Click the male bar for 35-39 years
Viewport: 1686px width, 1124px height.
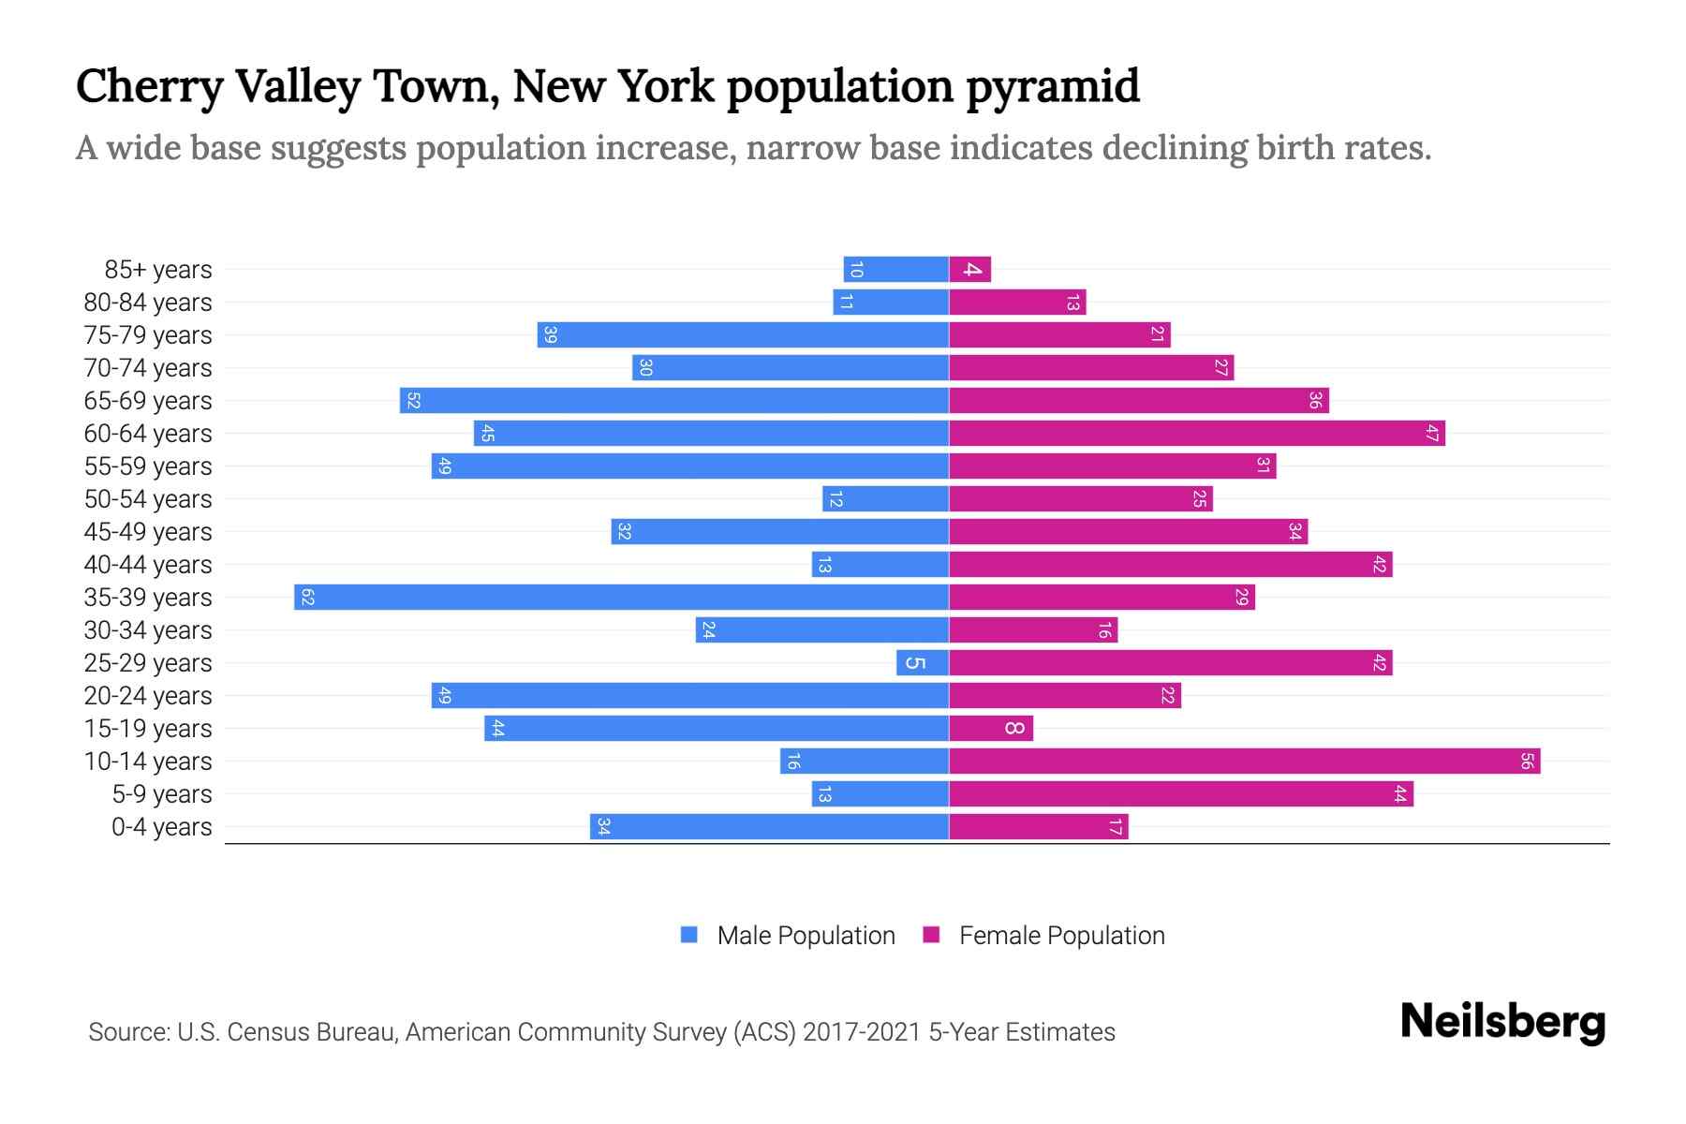point(621,598)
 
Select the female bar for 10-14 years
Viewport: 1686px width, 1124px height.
point(1244,762)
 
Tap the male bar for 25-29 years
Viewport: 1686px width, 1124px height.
point(923,663)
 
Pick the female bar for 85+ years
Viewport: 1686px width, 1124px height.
point(969,270)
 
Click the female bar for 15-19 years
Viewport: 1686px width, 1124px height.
point(991,729)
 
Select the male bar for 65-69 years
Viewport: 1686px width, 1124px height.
point(674,401)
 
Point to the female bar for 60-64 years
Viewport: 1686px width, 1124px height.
point(1196,434)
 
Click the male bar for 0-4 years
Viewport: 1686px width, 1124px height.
point(769,827)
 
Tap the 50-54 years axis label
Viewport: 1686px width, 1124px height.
point(148,499)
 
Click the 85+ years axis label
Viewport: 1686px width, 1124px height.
point(158,270)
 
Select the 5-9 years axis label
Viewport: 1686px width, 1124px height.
point(162,794)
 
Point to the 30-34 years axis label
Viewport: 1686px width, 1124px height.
point(148,630)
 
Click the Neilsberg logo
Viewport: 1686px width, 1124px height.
point(1502,1022)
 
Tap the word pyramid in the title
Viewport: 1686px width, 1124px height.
point(1053,86)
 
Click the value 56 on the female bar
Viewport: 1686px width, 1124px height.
point(1527,762)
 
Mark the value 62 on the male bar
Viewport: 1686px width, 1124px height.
point(307,598)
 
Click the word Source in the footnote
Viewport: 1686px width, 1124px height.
point(128,1032)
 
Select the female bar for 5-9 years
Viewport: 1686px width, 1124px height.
point(1180,794)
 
